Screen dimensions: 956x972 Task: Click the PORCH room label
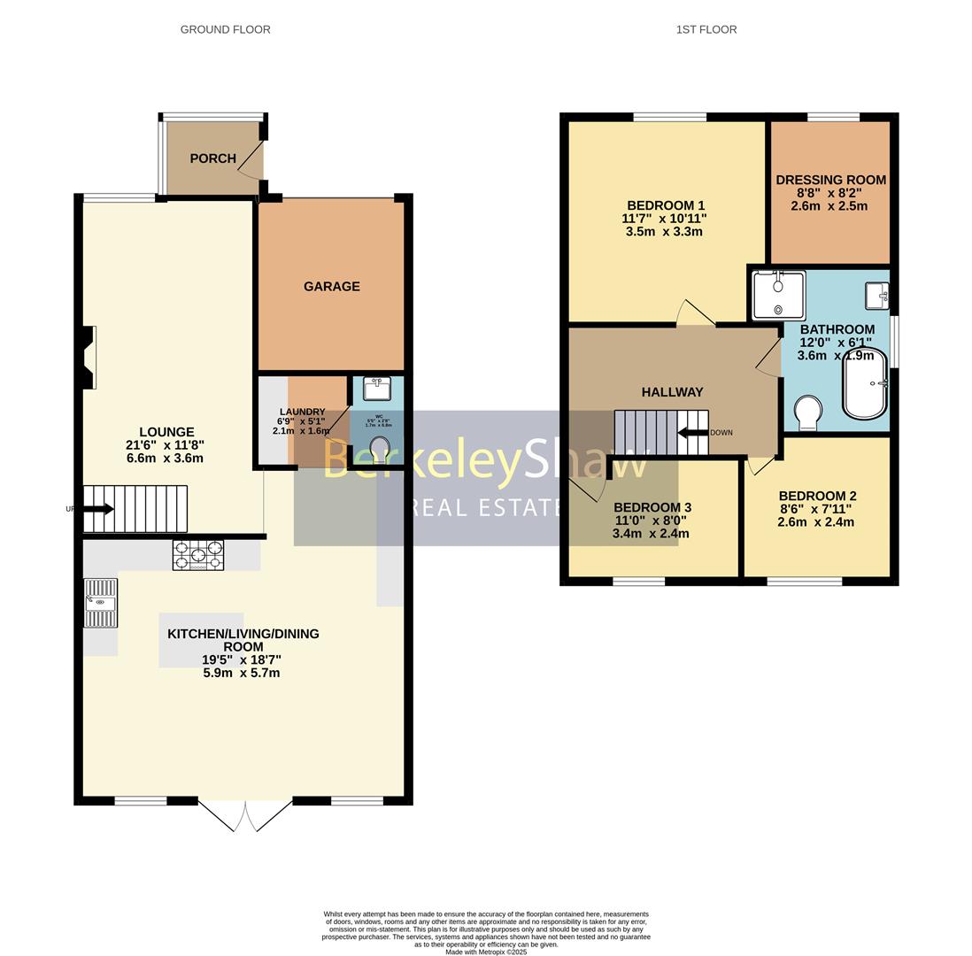[212, 158]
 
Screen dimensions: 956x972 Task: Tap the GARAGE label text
[331, 286]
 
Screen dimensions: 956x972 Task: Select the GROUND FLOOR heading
[225, 29]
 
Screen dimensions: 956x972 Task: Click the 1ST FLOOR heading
[706, 29]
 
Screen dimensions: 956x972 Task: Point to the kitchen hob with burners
[198, 555]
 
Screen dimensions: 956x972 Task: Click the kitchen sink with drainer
[100, 603]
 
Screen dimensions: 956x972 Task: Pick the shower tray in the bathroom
[778, 296]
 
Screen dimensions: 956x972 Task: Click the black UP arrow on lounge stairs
[98, 509]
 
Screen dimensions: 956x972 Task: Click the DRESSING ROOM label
[830, 180]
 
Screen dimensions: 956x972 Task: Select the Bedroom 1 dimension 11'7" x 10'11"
[664, 219]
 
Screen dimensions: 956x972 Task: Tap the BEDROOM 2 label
[817, 496]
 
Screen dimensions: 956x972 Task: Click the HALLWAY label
[672, 392]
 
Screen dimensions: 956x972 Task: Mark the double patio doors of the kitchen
[245, 815]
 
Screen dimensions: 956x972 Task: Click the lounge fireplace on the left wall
[88, 357]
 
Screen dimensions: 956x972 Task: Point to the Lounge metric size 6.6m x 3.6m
[165, 459]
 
